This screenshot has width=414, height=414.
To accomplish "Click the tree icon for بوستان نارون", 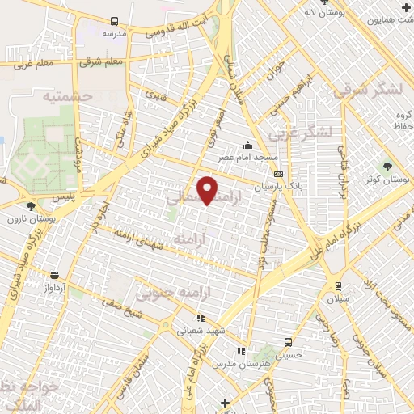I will [x=31, y=205].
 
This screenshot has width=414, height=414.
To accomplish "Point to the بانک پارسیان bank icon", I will [x=278, y=174].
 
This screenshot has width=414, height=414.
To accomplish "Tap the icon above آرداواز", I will [x=54, y=275].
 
